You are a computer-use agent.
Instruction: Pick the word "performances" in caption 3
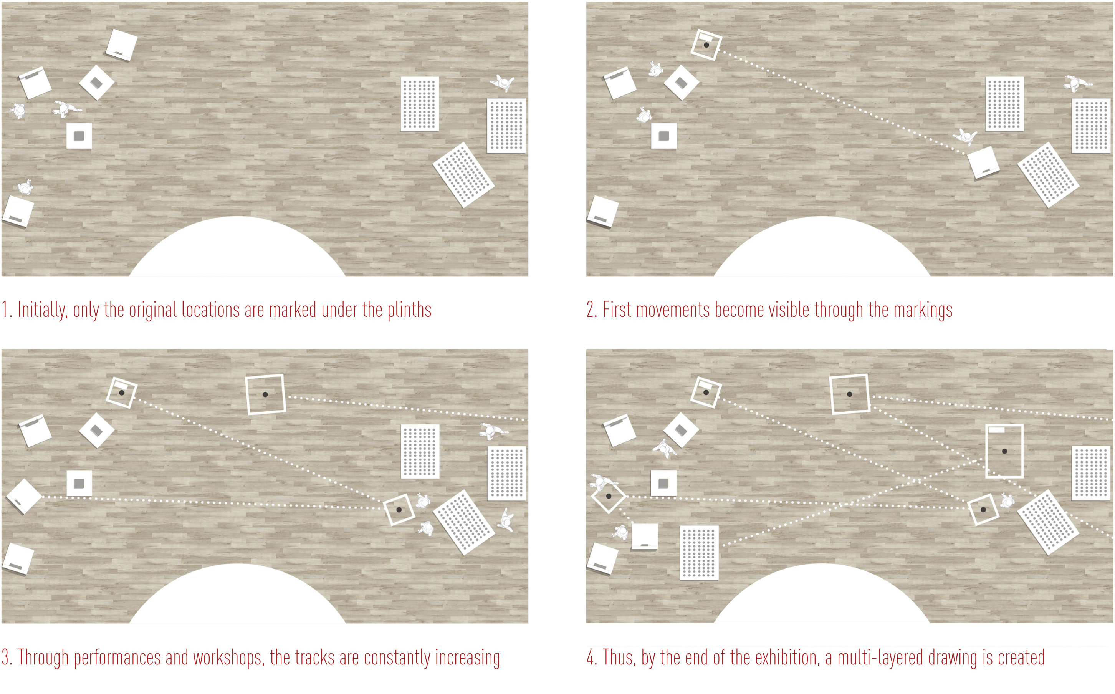117,658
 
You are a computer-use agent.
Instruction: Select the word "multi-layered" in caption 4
880,658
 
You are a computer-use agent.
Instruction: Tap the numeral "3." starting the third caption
7,658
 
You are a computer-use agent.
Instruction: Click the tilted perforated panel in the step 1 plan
463,175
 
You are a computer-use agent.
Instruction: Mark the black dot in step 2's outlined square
706,45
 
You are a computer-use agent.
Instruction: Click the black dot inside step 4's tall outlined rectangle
1004,451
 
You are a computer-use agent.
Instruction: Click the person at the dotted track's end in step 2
965,136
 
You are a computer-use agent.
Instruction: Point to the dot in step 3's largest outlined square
265,394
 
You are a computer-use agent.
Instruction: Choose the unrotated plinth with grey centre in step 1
79,136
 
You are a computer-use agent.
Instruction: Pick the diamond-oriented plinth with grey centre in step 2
682,83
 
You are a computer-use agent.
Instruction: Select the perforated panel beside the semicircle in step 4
699,553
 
